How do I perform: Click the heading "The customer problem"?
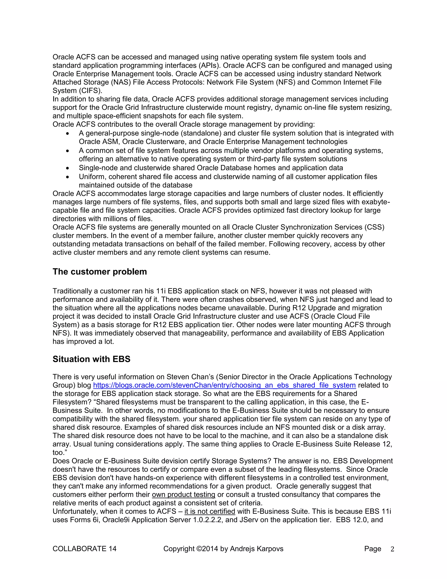tap(100, 272)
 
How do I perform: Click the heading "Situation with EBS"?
tap(91, 359)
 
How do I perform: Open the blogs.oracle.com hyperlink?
tap(224, 385)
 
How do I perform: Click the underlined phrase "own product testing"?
tap(183, 494)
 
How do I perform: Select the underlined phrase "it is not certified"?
tap(210, 511)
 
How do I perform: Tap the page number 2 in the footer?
tap(392, 549)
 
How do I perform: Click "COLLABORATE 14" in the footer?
tap(84, 549)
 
